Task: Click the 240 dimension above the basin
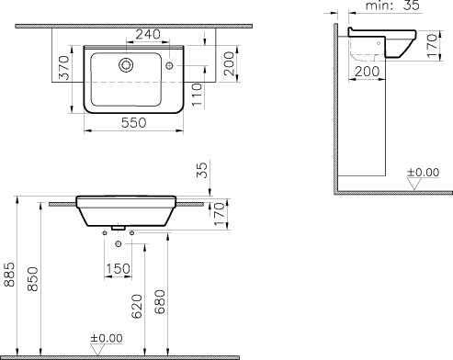click(148, 34)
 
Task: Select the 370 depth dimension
click(64, 67)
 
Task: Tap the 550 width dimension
click(134, 123)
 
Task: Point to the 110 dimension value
click(198, 95)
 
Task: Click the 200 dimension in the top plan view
click(229, 63)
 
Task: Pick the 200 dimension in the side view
click(368, 72)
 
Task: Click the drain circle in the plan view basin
click(126, 65)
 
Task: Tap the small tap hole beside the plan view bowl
click(169, 65)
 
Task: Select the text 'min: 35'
click(392, 6)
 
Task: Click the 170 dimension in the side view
click(432, 46)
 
